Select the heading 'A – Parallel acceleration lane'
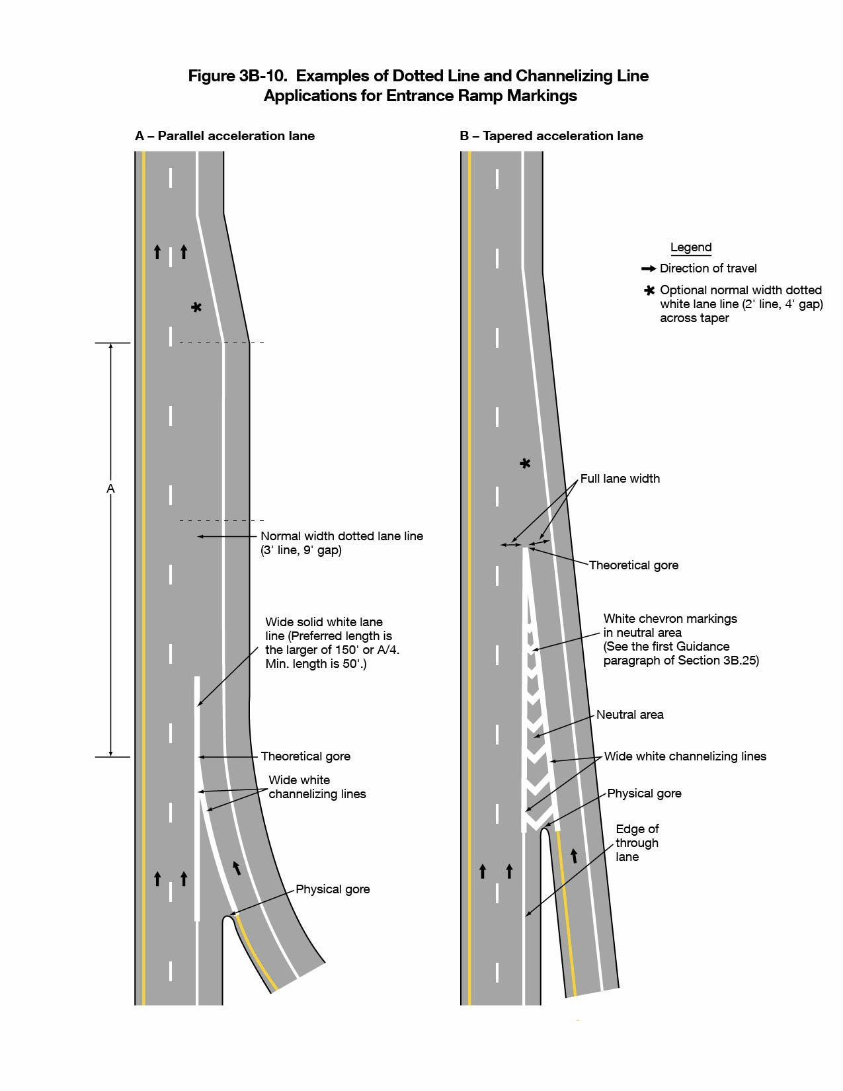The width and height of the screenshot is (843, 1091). (x=225, y=136)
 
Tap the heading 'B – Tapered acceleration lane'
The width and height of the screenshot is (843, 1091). (x=551, y=136)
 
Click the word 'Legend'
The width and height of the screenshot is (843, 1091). (x=691, y=247)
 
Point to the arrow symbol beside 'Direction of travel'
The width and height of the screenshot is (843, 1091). (x=649, y=268)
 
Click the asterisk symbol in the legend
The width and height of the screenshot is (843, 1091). (x=649, y=290)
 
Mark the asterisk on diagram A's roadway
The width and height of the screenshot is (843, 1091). (x=196, y=307)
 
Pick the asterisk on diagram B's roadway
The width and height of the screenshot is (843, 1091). (x=525, y=464)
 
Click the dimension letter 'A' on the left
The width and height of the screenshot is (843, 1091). (x=110, y=489)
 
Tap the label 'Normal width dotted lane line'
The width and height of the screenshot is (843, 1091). (x=341, y=536)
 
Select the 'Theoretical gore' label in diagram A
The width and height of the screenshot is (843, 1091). (x=305, y=756)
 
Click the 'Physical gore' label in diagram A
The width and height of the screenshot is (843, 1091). (x=333, y=889)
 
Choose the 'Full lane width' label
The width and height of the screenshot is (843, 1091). (x=620, y=479)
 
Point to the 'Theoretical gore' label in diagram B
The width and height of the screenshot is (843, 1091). (x=633, y=565)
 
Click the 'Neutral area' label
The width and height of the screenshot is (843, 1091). (x=629, y=715)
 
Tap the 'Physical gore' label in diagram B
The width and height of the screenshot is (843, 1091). (x=644, y=793)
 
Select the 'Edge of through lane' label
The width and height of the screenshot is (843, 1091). (x=637, y=843)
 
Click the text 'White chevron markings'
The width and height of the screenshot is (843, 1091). (x=670, y=619)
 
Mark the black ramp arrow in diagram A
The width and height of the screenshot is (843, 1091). (x=236, y=868)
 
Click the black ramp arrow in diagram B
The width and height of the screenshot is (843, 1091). (x=574, y=856)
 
